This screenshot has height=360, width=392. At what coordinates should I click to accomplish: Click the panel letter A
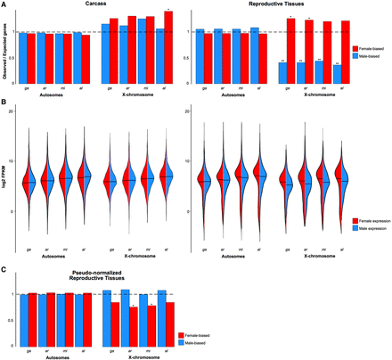(4, 4)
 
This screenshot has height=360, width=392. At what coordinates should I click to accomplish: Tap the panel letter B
(4, 102)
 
